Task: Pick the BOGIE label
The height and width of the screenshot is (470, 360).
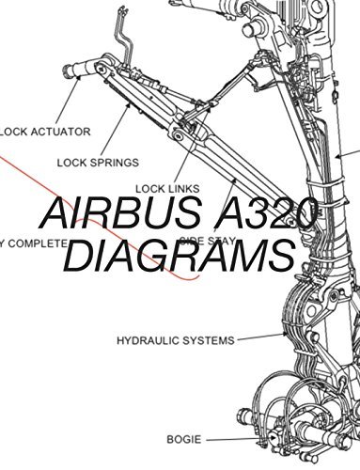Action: click(x=180, y=437)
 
